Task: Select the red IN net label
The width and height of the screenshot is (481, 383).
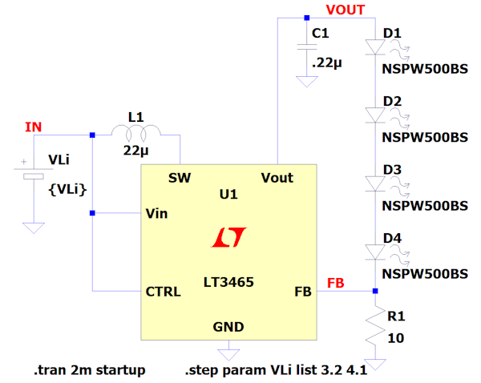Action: tap(33, 127)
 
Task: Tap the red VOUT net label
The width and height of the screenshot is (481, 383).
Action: tap(346, 10)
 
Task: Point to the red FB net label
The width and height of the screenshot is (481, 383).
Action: tap(336, 282)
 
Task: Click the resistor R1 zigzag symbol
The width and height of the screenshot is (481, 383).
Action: tap(374, 327)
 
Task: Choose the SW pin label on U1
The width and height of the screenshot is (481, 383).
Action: tap(179, 177)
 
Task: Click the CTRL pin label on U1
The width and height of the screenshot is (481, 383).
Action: tap(164, 292)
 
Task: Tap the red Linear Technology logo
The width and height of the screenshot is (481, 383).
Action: tap(228, 236)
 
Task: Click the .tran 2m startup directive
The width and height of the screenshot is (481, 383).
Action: tap(89, 370)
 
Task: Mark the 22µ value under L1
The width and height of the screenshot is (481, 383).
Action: tap(135, 150)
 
